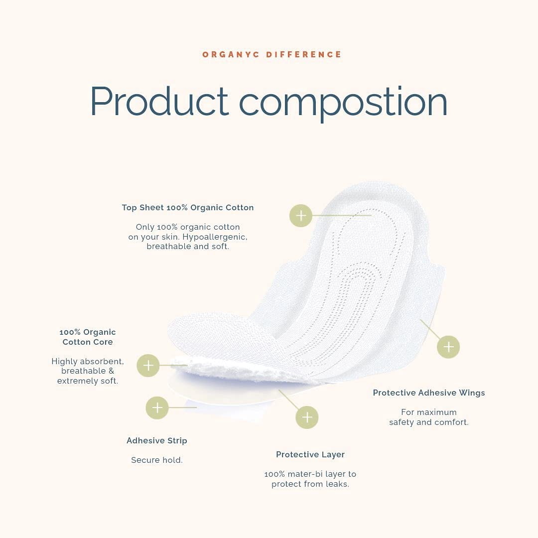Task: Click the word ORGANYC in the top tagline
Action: pos(231,55)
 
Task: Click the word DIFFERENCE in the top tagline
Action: pos(304,55)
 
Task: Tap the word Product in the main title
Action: pos(159,101)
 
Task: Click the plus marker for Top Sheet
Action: pos(301,216)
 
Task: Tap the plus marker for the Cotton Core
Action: pos(148,366)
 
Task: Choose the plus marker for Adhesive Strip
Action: pos(157,407)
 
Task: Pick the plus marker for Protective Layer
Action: pos(307,417)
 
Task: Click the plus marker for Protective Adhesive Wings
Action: pos(448,347)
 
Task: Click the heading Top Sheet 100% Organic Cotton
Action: pos(188,208)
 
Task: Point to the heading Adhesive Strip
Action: pos(157,440)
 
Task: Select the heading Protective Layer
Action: pos(310,455)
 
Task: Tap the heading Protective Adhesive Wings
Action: pos(429,393)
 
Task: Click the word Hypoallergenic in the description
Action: pos(215,237)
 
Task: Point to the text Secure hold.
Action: pos(157,460)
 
